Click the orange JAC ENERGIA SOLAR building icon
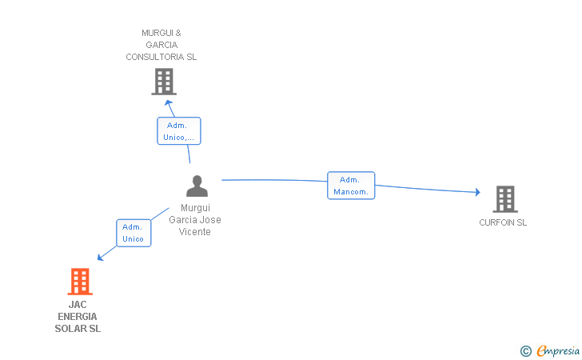[80, 282]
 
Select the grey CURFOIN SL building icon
[505, 199]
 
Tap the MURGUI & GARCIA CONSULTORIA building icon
[164, 82]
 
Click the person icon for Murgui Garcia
[197, 186]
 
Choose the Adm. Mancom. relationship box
[351, 186]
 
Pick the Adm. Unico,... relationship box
[178, 130]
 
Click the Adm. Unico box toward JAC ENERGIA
[134, 233]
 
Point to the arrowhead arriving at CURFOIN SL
[478, 192]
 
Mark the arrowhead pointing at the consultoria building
[169, 102]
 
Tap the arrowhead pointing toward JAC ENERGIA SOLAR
[100, 257]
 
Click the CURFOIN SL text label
[503, 222]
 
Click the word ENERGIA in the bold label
[78, 317]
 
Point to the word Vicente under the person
[194, 232]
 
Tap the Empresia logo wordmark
[558, 350]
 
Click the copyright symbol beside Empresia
[525, 351]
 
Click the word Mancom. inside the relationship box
[351, 192]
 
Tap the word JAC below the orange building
[78, 305]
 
